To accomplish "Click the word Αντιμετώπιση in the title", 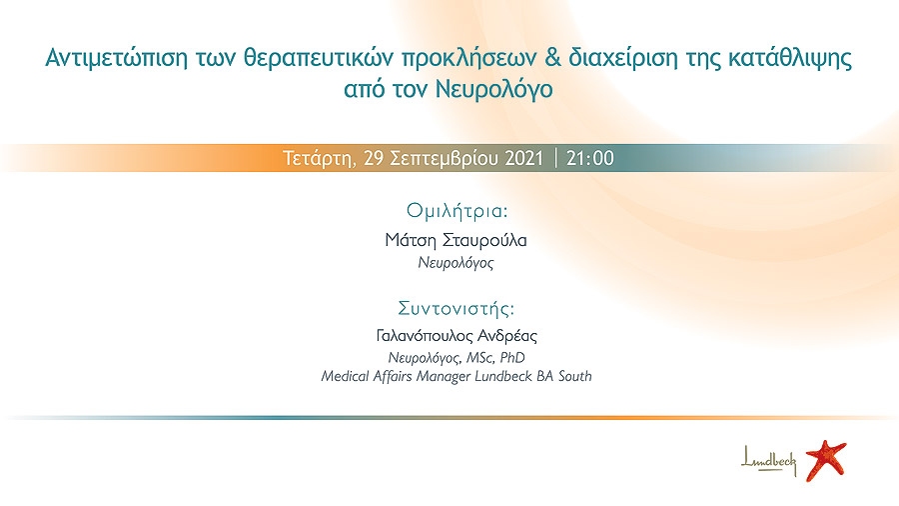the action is click(x=117, y=58).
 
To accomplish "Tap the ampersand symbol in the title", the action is click(x=552, y=57).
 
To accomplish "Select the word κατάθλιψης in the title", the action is click(x=790, y=59).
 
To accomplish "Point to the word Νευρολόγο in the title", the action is click(x=494, y=89).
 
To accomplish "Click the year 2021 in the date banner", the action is click(x=523, y=158).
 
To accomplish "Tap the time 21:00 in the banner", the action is click(x=590, y=158).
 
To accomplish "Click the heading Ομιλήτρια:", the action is click(x=456, y=212).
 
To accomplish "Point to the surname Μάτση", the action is click(x=411, y=240).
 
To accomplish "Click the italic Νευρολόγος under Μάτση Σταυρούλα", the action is click(x=455, y=263).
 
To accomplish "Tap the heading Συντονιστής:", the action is click(x=456, y=309).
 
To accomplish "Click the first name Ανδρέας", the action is click(x=508, y=336).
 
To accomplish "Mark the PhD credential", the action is click(x=512, y=358).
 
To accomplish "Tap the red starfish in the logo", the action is click(x=826, y=460).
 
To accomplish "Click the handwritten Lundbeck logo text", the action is click(x=769, y=461).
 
